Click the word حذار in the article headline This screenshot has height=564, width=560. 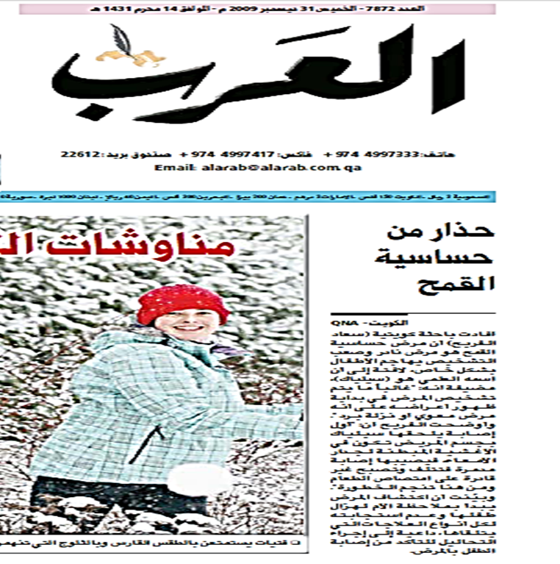tap(470, 232)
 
